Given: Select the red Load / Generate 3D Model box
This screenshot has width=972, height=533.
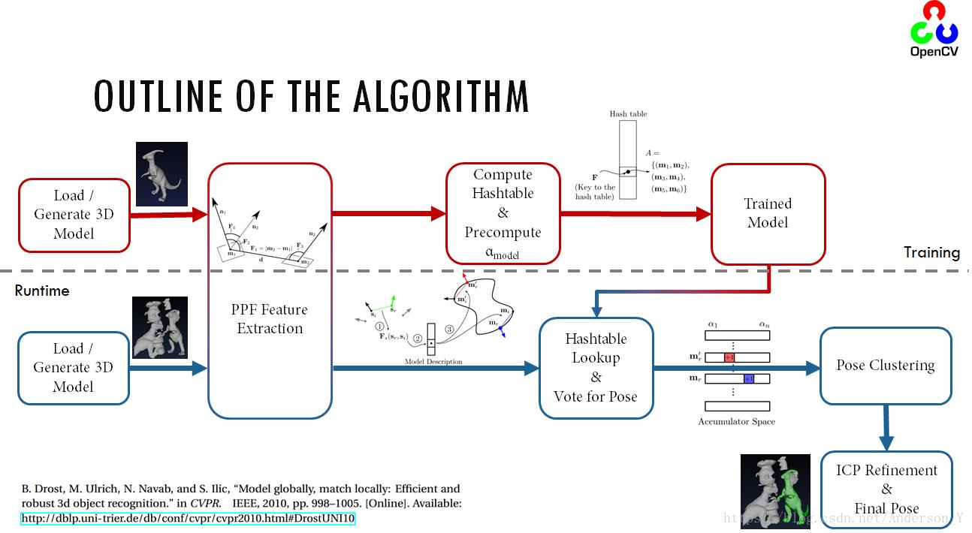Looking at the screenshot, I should pos(74,215).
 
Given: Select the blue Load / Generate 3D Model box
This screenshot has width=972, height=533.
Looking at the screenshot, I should pos(74,368).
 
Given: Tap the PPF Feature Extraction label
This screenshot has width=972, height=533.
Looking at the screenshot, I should pos(270,319).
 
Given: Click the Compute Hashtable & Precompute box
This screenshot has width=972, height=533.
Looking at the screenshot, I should pos(503,214).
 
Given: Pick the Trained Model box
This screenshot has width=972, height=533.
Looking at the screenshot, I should pos(767,213).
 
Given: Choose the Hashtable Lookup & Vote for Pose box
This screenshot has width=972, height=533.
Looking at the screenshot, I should pos(596,368).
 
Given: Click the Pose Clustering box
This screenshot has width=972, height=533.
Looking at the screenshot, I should pos(886,366).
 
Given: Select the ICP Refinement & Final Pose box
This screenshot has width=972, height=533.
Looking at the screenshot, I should pos(886,489).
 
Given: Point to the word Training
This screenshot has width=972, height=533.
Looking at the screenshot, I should pos(931,252).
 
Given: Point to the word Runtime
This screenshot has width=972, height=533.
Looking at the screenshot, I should pos(42,291).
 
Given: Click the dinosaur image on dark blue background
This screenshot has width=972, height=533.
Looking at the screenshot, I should pos(162,174).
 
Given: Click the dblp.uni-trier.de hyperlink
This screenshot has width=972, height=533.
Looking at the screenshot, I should pos(188,518).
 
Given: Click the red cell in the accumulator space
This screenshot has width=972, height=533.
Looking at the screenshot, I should pos(729,357).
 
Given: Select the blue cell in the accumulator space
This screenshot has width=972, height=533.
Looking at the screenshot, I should pos(748,379).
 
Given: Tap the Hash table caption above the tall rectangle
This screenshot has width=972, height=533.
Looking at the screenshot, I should pos(628,114).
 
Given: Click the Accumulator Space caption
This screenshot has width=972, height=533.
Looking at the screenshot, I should pos(736,422).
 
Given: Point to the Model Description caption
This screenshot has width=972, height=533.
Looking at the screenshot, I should pos(433,362).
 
